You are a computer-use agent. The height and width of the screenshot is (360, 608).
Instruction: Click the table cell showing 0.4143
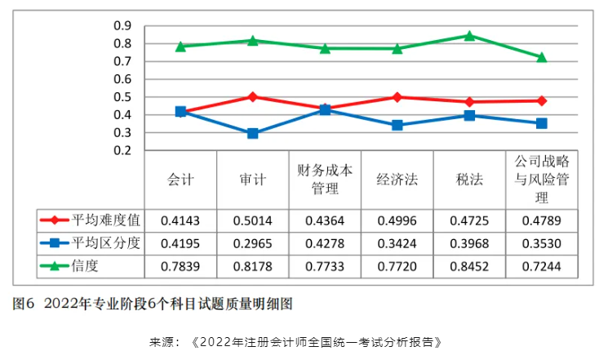tap(180, 220)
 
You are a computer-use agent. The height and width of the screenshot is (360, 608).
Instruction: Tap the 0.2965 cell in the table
tap(252, 242)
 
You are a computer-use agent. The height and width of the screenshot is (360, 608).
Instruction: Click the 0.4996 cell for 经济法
tap(397, 220)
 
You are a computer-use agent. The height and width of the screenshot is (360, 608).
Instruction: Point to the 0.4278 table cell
tap(325, 242)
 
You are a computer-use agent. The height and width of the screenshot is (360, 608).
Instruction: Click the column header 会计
tap(180, 180)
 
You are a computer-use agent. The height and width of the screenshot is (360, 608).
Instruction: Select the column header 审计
tap(252, 180)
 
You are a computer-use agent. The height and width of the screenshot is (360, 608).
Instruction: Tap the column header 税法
tap(468, 180)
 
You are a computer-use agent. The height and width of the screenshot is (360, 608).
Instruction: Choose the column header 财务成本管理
tap(325, 180)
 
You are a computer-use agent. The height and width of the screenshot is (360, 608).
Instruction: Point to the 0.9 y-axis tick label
tap(122, 26)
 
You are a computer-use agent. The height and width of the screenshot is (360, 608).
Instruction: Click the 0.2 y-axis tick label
tap(122, 150)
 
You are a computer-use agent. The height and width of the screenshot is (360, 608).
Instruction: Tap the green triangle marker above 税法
tap(469, 36)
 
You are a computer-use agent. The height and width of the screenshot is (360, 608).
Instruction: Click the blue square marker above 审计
tap(253, 133)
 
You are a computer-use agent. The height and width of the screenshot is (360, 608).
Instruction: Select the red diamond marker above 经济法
tap(397, 97)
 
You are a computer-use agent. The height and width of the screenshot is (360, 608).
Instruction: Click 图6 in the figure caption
tap(22, 304)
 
